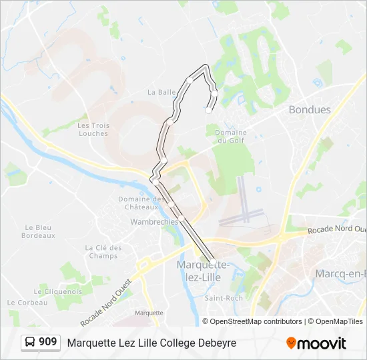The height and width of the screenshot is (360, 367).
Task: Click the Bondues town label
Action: [310, 110]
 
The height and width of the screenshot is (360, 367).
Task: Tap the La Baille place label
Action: [161, 92]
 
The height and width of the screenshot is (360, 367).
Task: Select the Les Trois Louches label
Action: [93, 129]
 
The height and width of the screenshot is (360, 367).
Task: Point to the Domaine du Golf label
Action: [231, 137]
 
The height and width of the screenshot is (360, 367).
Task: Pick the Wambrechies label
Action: [154, 221]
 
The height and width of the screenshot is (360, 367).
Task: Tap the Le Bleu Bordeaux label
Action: [38, 231]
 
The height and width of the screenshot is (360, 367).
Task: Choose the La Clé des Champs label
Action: [103, 251]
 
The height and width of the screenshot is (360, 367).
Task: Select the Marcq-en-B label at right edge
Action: [340, 273]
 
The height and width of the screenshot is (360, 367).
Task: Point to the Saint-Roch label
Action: [224, 298]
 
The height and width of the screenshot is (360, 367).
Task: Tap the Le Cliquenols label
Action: [57, 291]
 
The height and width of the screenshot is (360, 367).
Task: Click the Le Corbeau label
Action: [29, 302]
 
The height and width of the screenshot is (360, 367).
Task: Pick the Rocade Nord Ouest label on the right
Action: [337, 230]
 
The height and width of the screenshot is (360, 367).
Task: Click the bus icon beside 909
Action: [30, 343]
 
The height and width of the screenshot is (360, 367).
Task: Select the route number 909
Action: [48, 342]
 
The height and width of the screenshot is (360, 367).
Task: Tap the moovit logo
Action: [316, 343]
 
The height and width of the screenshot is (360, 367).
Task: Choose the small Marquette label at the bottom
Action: [149, 313]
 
